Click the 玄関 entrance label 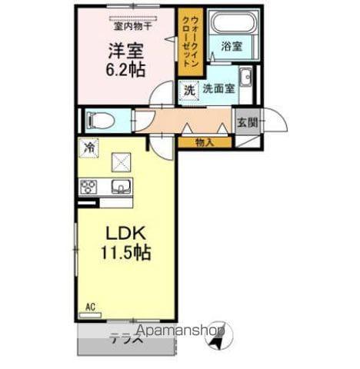click(x=246, y=122)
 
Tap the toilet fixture click(x=97, y=120)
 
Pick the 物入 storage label click(x=204, y=141)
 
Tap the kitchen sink click(x=121, y=186)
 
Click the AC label click(x=90, y=307)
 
